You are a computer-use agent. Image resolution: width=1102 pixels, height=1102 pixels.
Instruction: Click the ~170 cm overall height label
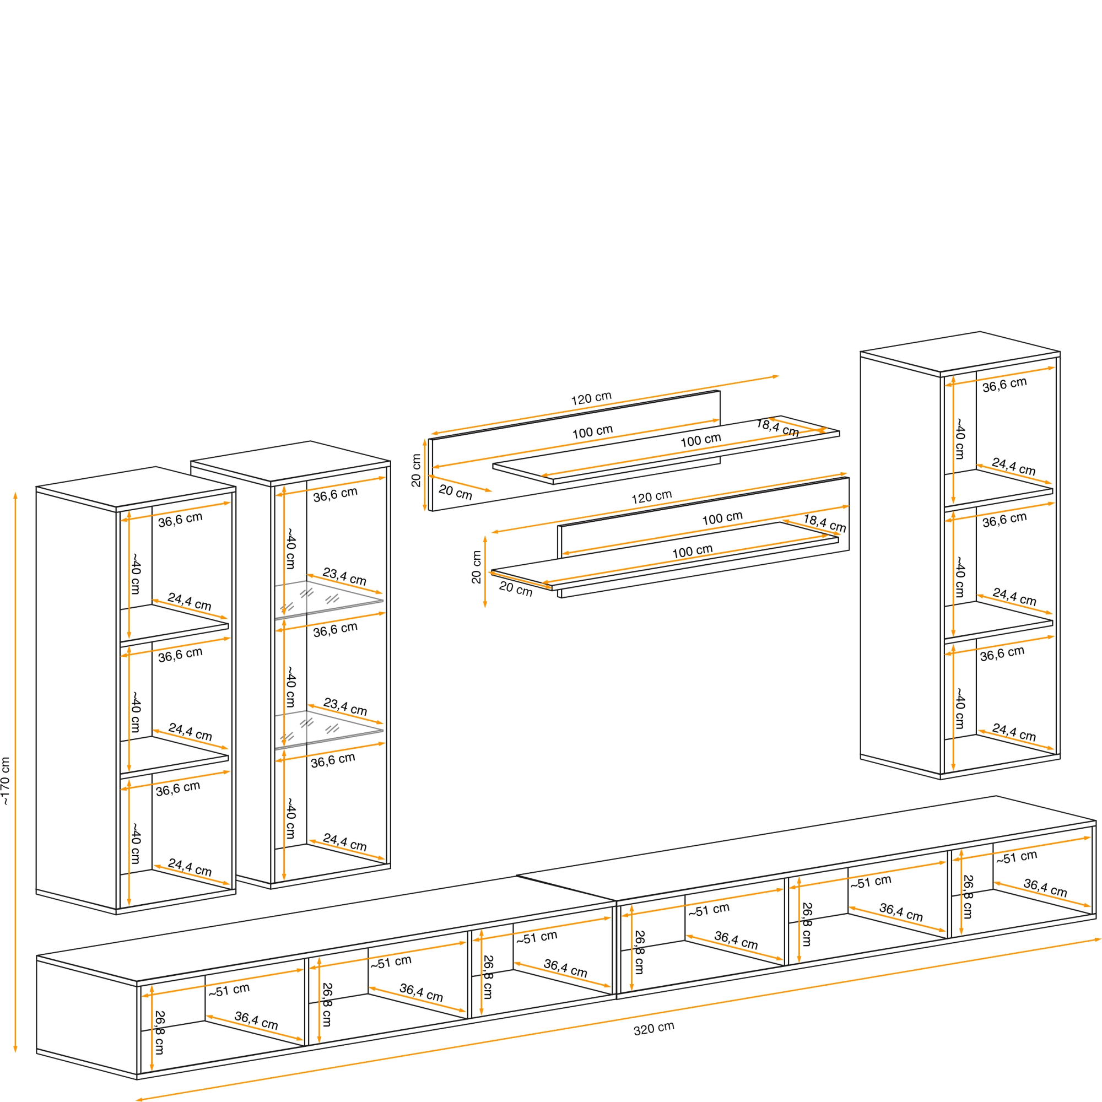click(6, 781)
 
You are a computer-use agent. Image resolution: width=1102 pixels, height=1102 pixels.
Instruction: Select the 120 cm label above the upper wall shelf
click(591, 398)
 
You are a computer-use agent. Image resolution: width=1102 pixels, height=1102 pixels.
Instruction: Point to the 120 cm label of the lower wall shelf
click(651, 497)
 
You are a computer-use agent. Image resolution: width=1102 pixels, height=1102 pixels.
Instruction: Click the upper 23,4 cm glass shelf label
click(344, 576)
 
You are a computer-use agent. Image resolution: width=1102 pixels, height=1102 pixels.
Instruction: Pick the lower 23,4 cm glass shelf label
click(345, 707)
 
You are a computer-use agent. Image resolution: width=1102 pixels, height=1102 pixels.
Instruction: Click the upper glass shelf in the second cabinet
click(328, 599)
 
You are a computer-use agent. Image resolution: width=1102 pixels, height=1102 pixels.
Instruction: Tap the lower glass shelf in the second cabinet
click(328, 730)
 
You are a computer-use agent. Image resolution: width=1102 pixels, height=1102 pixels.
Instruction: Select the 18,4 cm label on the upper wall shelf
click(777, 428)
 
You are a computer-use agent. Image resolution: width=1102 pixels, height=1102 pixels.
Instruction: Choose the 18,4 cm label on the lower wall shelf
click(824, 523)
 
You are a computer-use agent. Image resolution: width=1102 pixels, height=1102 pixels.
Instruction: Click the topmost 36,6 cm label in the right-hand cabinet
click(1004, 385)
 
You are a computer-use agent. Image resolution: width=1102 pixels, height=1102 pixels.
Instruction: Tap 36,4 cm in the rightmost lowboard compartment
click(1045, 888)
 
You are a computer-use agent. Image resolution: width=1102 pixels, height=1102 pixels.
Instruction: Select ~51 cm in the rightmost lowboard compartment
click(1017, 857)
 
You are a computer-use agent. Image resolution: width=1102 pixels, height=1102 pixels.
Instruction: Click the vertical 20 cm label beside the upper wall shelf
click(416, 471)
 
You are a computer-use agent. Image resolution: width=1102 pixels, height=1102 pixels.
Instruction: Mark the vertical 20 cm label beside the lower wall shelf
click(476, 567)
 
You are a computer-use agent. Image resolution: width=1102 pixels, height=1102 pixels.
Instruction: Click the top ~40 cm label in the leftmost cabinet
click(136, 573)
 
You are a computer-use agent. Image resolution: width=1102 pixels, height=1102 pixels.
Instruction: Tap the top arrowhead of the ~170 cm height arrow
click(15, 495)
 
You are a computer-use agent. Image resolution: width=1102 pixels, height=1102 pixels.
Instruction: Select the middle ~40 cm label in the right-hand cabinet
click(960, 577)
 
